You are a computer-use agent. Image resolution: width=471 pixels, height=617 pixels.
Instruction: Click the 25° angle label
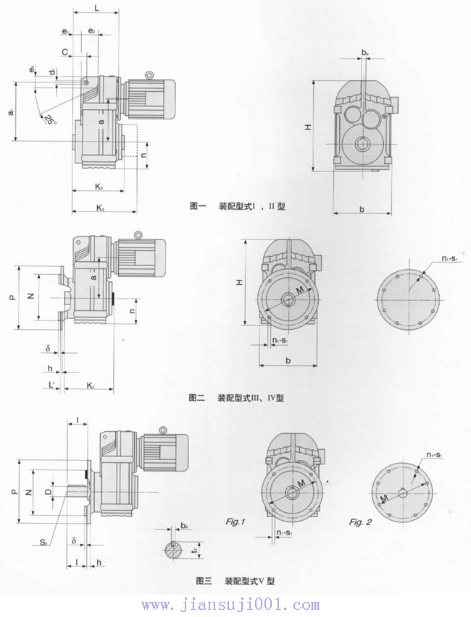click(x=49, y=119)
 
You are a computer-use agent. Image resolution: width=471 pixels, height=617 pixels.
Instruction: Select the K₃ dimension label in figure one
click(x=99, y=209)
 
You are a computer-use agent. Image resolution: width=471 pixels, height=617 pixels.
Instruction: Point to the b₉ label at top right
click(x=366, y=53)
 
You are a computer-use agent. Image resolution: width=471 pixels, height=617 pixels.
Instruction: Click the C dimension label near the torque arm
click(x=65, y=53)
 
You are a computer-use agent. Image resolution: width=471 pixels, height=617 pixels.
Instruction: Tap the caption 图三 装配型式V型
click(x=236, y=580)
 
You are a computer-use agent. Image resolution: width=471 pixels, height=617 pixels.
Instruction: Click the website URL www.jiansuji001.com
click(x=230, y=605)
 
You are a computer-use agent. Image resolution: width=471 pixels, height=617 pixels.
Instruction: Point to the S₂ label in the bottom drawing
click(x=45, y=540)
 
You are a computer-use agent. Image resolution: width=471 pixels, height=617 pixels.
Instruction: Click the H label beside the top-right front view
click(x=308, y=126)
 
